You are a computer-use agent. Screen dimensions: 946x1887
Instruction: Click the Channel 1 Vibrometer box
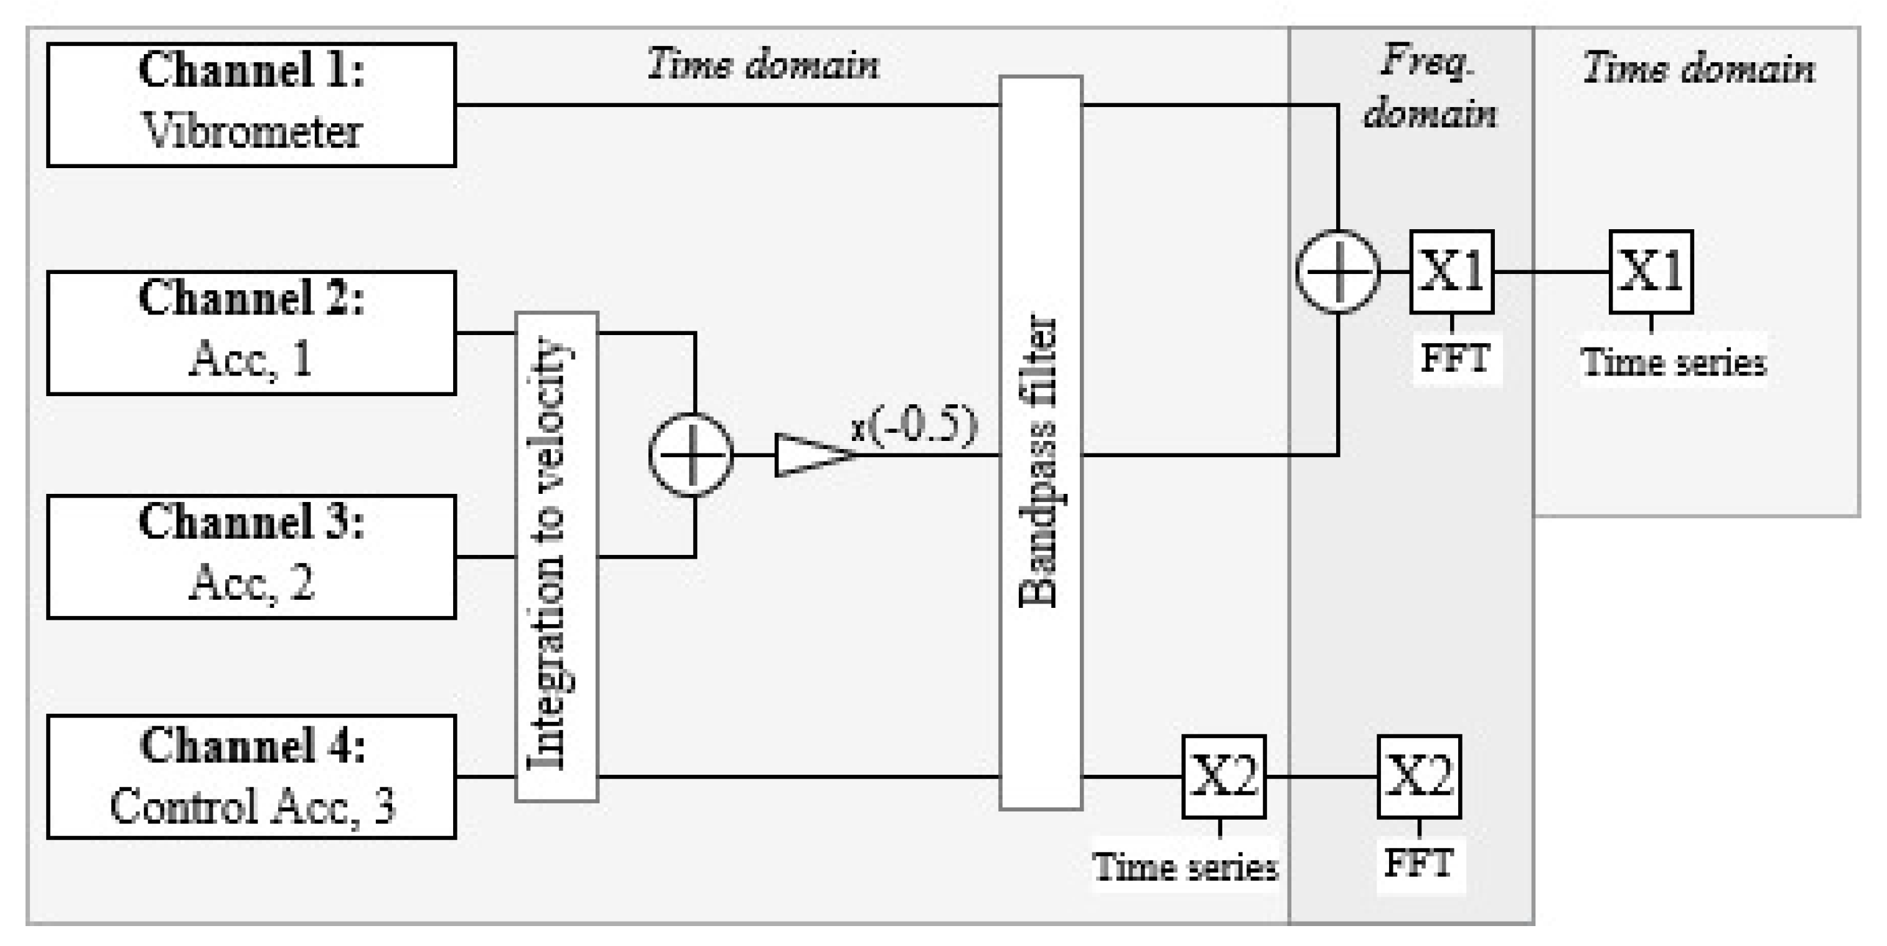pos(251,105)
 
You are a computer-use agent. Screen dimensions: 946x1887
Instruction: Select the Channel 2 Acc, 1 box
pos(251,333)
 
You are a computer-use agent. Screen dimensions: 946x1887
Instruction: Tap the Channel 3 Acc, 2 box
pos(251,557)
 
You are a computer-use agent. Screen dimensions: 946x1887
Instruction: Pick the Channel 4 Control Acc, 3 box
pos(251,777)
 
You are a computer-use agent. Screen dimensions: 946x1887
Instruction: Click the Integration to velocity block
pos(557,557)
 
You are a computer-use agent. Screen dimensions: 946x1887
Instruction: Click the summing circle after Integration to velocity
pos(691,455)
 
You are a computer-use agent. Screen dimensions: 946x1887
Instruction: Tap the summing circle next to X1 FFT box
pos(1337,272)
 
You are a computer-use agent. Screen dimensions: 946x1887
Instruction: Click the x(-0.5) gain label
pos(914,426)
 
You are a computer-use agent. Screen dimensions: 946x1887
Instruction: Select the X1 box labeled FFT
pos(1451,272)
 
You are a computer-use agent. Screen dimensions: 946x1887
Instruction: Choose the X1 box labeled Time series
pos(1651,272)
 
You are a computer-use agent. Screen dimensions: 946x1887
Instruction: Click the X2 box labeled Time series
pos(1224,777)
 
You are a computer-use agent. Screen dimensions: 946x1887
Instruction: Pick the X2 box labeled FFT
pos(1419,777)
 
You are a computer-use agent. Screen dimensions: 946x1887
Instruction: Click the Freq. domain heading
pos(1428,88)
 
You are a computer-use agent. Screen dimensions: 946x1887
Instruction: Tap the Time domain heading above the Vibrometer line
pos(763,65)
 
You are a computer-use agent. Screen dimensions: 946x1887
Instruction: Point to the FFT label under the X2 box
pos(1419,863)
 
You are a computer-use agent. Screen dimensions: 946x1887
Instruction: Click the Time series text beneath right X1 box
pos(1673,362)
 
